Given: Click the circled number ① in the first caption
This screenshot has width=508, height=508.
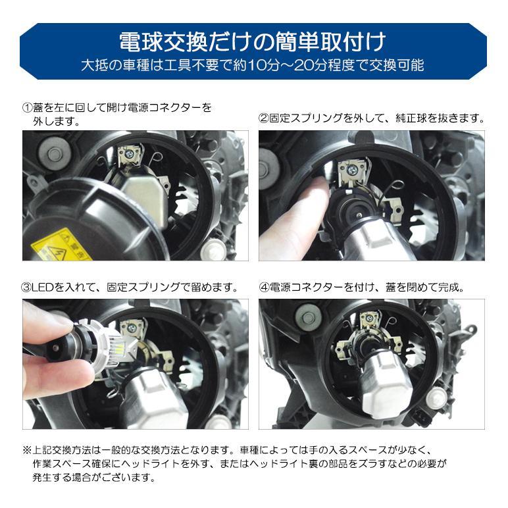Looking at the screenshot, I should tap(27, 107).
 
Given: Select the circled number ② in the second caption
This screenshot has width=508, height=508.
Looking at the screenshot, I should tap(265, 119).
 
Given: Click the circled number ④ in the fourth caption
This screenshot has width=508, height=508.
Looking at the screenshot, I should tap(265, 288).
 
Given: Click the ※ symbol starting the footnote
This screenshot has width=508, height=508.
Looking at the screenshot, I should tap(27, 449).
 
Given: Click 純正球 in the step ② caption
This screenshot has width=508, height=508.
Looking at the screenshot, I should tap(409, 119).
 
